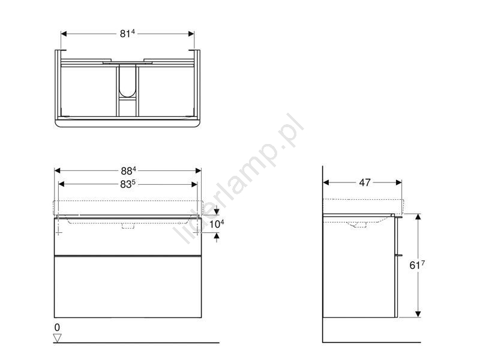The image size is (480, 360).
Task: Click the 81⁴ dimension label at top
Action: (127, 34)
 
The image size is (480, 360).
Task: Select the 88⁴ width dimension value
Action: (128, 170)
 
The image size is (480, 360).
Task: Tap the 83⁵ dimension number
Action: (128, 184)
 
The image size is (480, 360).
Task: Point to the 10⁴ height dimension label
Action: (217, 224)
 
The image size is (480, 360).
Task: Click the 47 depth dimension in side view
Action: (365, 182)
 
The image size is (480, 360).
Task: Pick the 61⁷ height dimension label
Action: (417, 265)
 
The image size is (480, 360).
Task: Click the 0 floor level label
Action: (57, 327)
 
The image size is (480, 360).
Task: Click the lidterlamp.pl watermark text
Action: (239, 179)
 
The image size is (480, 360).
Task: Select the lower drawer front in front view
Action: (128, 287)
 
